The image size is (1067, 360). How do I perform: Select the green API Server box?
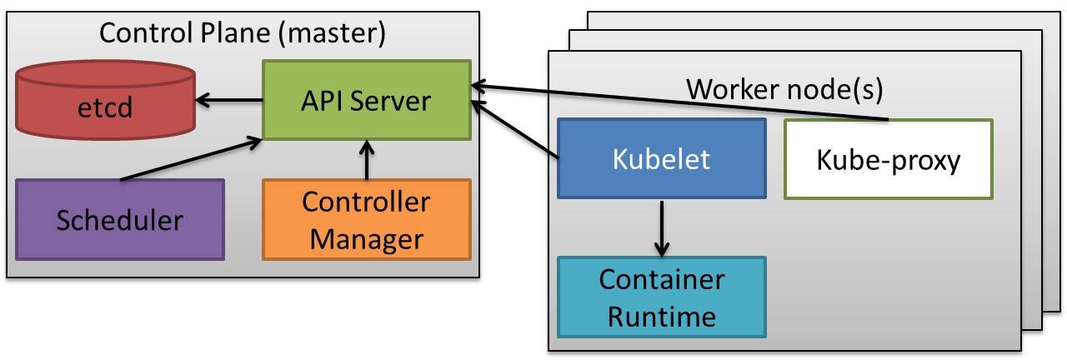click(366, 100)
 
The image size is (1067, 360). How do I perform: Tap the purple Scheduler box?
click(119, 220)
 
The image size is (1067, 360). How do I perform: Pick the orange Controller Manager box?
click(366, 220)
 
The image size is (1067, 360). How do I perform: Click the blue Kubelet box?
click(661, 158)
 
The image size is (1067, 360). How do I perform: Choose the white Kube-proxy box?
click(888, 159)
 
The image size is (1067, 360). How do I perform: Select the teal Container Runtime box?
click(661, 297)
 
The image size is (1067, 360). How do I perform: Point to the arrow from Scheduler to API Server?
click(192, 161)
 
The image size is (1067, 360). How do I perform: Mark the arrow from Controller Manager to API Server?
click(366, 160)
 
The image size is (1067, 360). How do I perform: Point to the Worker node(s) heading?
click(784, 87)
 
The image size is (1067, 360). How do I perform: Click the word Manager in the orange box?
click(366, 239)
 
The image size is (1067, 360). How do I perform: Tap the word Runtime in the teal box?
click(661, 316)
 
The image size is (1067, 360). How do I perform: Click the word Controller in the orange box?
click(366, 202)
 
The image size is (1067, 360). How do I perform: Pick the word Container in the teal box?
click(661, 279)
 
